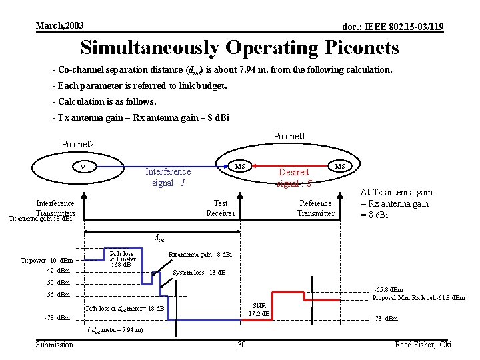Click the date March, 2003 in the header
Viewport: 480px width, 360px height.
pos(60,25)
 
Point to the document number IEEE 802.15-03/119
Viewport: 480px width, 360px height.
pos(393,27)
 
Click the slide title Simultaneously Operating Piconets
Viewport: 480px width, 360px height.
pos(239,48)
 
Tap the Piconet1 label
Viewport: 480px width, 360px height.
pos(289,136)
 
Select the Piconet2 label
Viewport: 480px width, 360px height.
pos(78,144)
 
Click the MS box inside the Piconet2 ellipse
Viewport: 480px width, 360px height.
pos(85,167)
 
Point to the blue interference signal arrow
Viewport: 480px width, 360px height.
pos(160,166)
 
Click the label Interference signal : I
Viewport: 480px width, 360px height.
pos(168,177)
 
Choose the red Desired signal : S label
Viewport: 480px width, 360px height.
pos(293,177)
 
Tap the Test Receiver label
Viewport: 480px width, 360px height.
pos(221,208)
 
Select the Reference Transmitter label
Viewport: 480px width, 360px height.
pos(315,208)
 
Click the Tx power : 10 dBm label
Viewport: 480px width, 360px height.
pos(47,260)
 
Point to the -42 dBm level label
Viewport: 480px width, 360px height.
pos(57,271)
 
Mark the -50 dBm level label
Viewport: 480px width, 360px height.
pos(57,283)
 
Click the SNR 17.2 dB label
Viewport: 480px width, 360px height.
pos(259,309)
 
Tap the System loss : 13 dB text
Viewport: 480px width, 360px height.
pos(199,272)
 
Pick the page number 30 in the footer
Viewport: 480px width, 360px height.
pos(241,344)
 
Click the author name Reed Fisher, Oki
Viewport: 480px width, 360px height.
pos(423,344)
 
